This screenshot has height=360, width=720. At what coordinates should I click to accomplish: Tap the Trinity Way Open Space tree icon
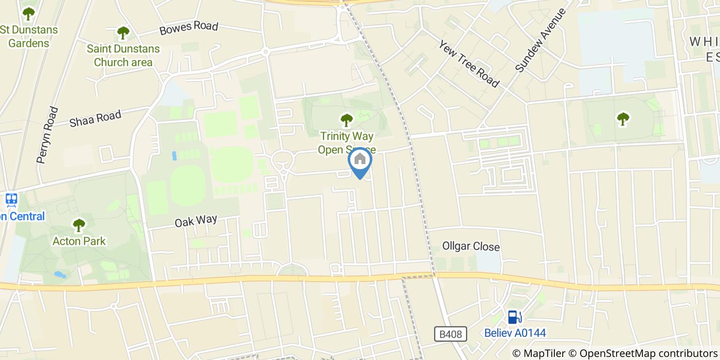[x=347, y=120]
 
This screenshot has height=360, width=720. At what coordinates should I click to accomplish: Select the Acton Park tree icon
[x=79, y=225]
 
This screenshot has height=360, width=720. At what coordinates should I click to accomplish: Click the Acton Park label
[x=79, y=241]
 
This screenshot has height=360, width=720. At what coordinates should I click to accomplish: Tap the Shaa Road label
[x=95, y=119]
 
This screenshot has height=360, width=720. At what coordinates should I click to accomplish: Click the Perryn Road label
[x=47, y=135]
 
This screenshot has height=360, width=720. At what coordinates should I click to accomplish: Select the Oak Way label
[x=196, y=221]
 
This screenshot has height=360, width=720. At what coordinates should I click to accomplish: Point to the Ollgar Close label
[x=471, y=247]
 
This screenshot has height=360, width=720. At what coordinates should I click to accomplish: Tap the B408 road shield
[x=451, y=334]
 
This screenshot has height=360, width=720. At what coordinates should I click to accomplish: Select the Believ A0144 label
[x=515, y=333]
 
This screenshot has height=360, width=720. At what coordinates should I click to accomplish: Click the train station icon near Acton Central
[x=11, y=200]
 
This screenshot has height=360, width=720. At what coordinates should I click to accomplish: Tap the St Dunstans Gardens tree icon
[x=28, y=13]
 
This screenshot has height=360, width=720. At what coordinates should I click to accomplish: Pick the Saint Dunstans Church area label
[x=123, y=56]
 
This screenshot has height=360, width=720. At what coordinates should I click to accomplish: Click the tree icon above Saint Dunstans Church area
[x=123, y=33]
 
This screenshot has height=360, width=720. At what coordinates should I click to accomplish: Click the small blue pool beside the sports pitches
[x=174, y=155]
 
